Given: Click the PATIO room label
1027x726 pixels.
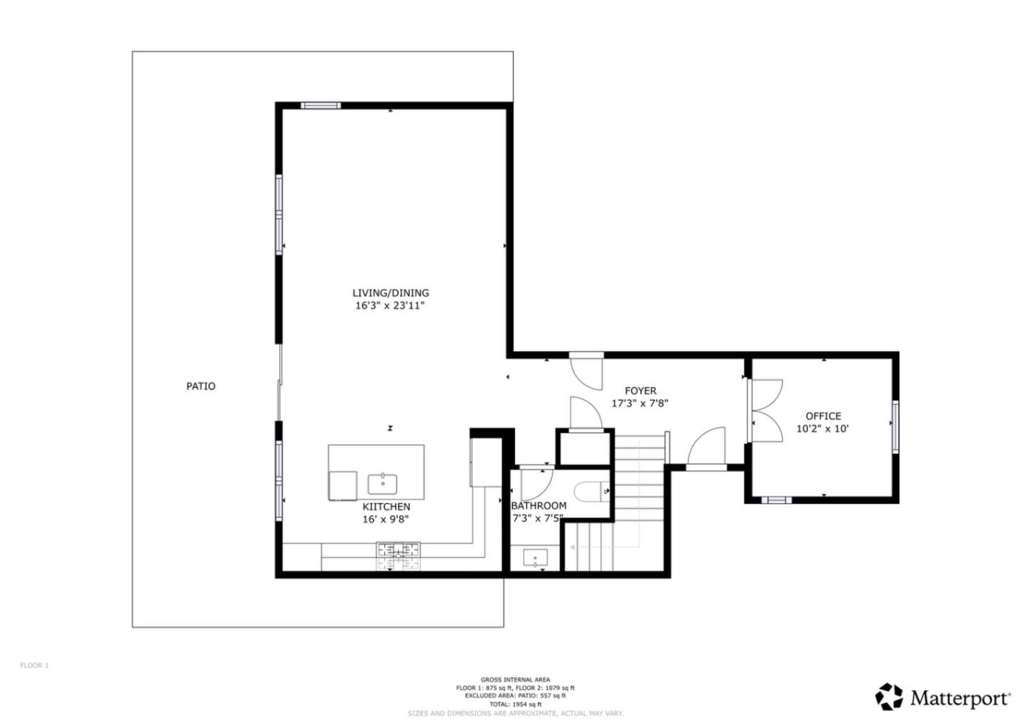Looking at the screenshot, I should click(x=200, y=386).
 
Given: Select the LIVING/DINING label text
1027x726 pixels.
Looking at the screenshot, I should click(x=390, y=292).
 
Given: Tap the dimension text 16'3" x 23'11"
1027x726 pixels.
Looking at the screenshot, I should click(x=390, y=306).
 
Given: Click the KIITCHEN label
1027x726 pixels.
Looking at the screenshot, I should click(x=386, y=506).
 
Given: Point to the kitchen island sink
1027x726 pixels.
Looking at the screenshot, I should click(x=383, y=484).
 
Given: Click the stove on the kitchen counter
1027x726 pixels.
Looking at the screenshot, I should click(x=399, y=550).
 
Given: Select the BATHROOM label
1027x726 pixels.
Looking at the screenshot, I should click(x=539, y=506).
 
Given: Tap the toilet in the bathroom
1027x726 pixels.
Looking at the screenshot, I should click(x=591, y=491).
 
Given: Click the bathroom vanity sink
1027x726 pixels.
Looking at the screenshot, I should click(x=536, y=558).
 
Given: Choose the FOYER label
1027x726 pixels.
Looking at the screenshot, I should click(x=640, y=390).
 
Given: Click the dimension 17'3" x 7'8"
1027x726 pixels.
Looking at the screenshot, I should click(x=640, y=403).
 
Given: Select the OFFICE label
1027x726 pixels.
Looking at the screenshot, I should click(x=823, y=416).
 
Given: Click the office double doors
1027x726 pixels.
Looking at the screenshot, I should click(x=766, y=410).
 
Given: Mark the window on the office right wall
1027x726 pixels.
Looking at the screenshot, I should click(x=895, y=426).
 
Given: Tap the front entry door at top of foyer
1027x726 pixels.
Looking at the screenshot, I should click(x=586, y=369).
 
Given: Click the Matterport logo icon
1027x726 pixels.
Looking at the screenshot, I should click(x=889, y=697).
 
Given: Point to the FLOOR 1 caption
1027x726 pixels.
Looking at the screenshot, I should click(x=34, y=665).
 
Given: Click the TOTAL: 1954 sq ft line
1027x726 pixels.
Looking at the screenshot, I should click(x=515, y=704).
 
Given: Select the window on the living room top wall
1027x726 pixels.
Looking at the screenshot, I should click(x=320, y=106).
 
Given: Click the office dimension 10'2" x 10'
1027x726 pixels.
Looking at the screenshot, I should click(x=822, y=429).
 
